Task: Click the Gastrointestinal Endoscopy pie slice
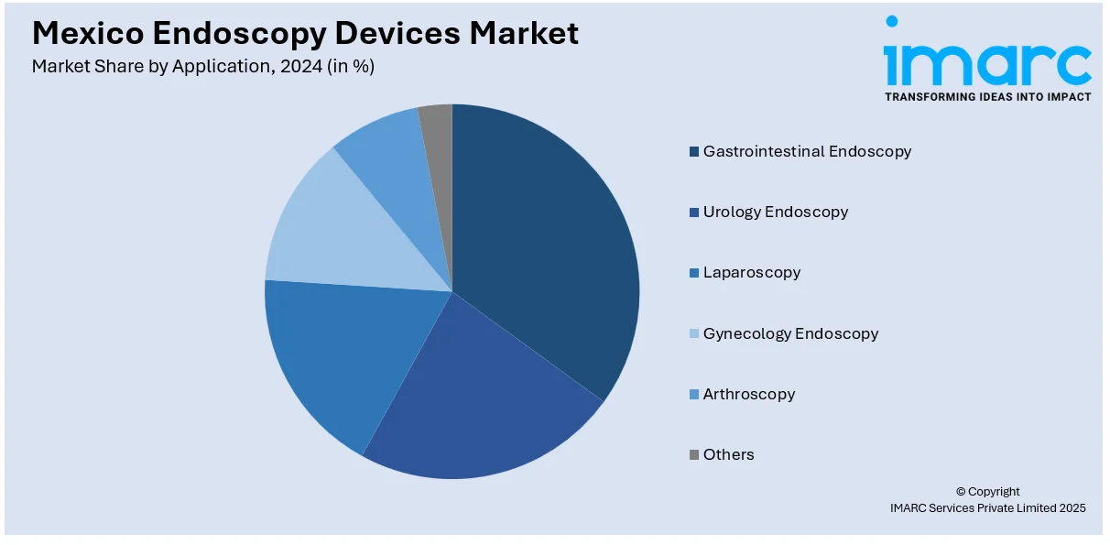[550, 247]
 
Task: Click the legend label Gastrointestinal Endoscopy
[807, 151]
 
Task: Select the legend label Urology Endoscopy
[775, 212]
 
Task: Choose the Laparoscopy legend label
[751, 272]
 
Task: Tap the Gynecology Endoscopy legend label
[790, 333]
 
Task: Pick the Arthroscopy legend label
[748, 394]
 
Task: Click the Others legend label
[728, 454]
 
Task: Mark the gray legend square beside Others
[695, 454]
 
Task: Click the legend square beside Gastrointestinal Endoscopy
[695, 151]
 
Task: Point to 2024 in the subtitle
[302, 66]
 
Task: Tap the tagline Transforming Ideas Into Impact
[987, 96]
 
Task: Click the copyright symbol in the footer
[961, 492]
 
